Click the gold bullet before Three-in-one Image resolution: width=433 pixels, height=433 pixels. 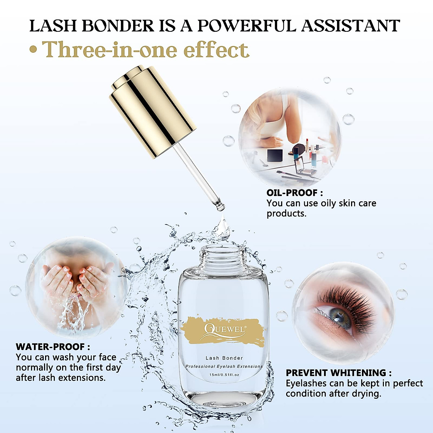(33, 50)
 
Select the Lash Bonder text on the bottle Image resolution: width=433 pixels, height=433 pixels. (224, 358)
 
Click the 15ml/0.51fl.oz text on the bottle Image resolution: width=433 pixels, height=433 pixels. (224, 375)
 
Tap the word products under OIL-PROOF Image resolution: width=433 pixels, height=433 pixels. (286, 213)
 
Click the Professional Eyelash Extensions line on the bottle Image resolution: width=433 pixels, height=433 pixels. (224, 366)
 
